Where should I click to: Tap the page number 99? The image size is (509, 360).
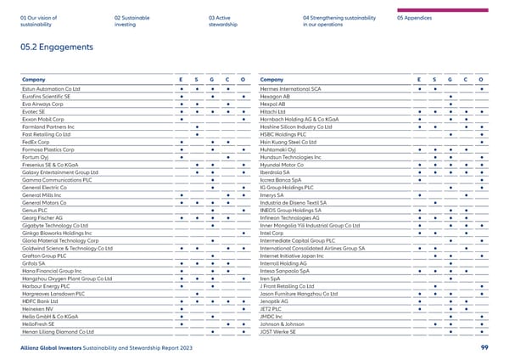pyautogui.click(x=484, y=347)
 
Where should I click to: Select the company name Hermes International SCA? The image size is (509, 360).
pyautogui.click(x=293, y=88)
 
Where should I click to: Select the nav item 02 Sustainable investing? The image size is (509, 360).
pyautogui.click(x=132, y=20)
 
